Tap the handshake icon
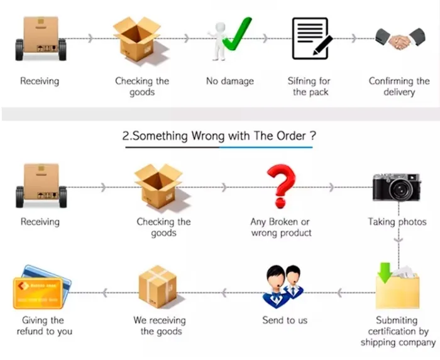400,40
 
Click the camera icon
396,187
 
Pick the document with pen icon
311,38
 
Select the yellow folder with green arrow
397,286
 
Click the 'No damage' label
230,81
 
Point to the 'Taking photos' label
397,222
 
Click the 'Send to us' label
285,320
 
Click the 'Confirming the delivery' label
399,86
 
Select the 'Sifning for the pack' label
309,86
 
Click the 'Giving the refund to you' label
43,325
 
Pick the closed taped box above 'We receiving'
157,285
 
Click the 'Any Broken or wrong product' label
280,227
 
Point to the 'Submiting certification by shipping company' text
398,331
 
